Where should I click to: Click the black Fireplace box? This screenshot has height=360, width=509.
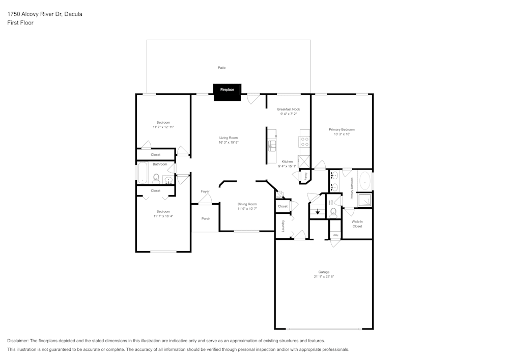coord(227,90)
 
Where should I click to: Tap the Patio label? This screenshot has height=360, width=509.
coord(221,68)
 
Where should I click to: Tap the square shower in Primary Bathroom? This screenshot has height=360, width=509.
coord(364,200)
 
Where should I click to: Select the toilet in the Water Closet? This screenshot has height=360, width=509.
coord(333,211)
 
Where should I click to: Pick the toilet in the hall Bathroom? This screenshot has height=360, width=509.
coord(156,179)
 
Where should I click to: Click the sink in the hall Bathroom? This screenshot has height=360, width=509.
coord(168,179)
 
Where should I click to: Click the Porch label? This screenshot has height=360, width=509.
coord(206,219)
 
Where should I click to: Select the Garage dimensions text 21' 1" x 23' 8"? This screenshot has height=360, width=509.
coord(324,277)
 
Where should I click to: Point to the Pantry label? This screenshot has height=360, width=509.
coord(305,175)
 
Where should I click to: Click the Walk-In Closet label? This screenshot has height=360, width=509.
coord(357,224)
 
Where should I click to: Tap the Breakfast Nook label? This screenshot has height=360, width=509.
coord(289,109)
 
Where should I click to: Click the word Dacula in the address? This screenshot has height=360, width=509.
coord(72,14)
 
